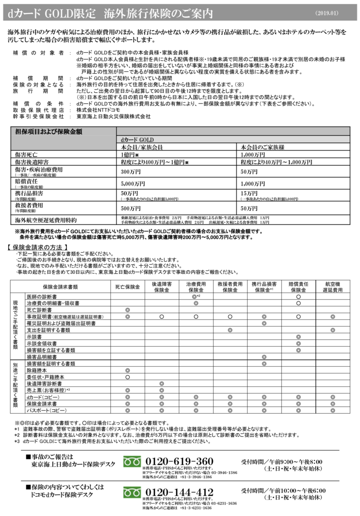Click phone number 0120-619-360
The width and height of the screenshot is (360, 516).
(180, 461)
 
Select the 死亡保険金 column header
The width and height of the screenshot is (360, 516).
(127, 287)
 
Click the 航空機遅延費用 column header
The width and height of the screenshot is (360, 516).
(332, 287)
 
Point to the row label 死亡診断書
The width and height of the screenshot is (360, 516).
(36, 310)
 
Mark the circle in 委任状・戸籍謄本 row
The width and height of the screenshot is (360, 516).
(127, 377)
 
